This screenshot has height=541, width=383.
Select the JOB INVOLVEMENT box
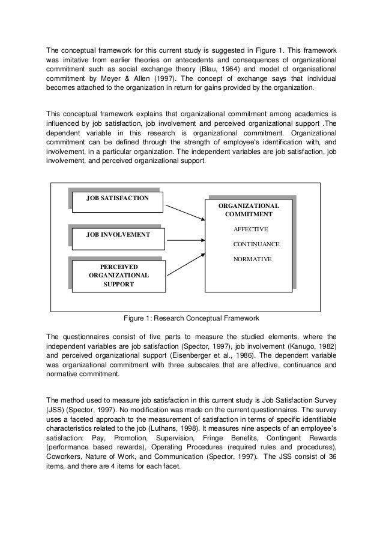click(118, 235)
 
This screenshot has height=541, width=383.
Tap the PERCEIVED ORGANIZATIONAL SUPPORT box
click(118, 275)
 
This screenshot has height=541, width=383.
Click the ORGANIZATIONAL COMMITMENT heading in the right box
click(249, 210)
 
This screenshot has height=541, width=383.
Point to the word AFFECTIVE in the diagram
click(250, 229)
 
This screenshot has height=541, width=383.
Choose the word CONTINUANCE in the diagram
click(256, 244)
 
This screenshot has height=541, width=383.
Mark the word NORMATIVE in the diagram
click(252, 259)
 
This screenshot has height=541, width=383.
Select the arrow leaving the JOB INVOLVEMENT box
click(184, 235)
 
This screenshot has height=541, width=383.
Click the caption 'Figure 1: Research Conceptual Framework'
click(190, 318)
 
